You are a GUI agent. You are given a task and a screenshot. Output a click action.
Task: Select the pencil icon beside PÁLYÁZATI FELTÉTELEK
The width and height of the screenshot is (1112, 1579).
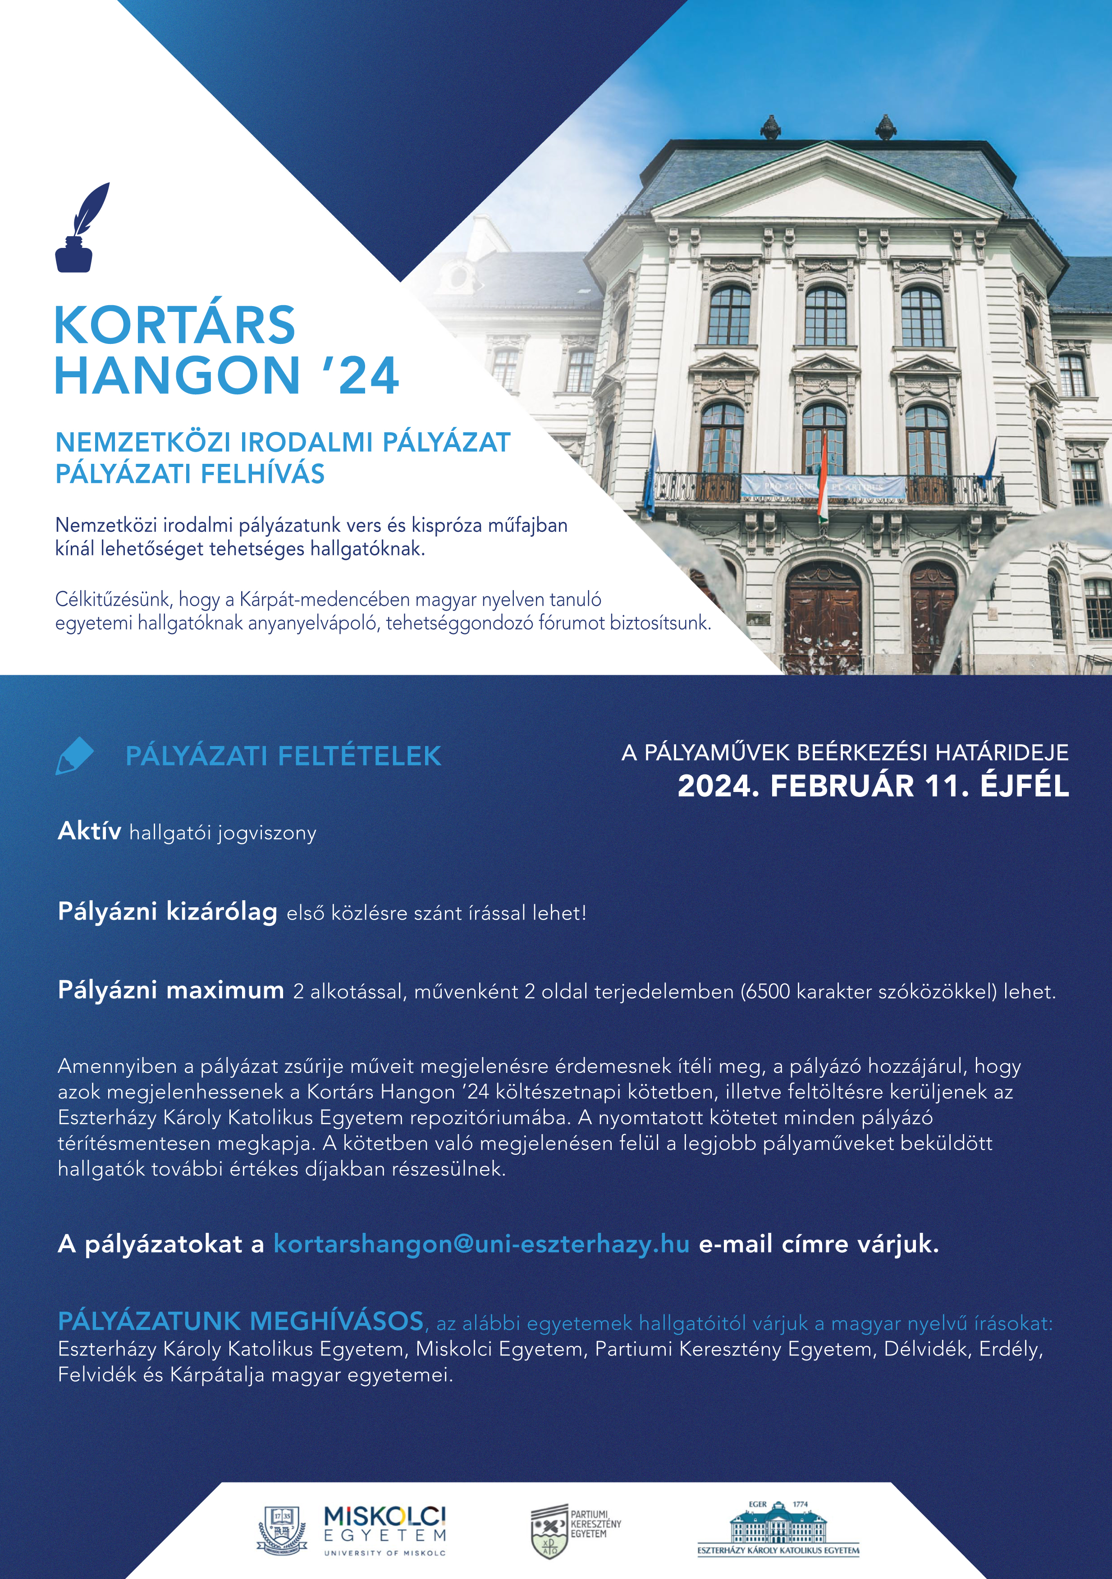73,755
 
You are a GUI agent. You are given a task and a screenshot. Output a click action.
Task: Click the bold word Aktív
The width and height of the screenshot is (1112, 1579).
89,832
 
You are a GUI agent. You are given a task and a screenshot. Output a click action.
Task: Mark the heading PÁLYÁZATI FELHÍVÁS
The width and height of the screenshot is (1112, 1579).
190,474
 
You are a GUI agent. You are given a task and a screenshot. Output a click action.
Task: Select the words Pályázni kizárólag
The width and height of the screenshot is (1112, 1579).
167,911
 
